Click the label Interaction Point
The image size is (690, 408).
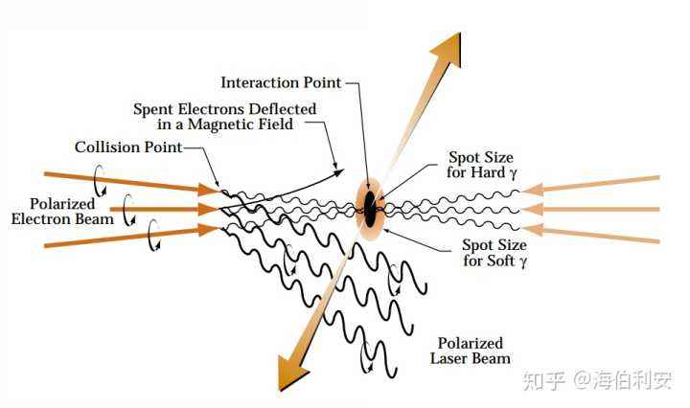[285, 82]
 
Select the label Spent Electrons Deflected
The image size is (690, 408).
[225, 109]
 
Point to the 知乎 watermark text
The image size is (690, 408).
[543, 379]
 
